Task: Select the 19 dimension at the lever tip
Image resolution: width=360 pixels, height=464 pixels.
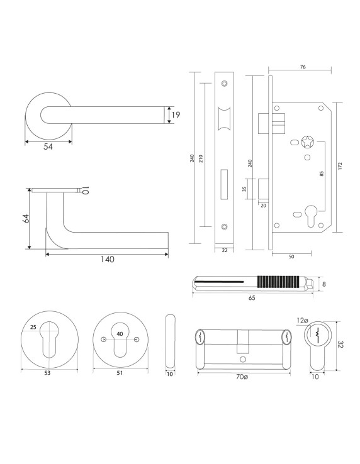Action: click(x=176, y=115)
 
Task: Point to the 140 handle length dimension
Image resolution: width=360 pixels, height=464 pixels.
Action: click(x=106, y=260)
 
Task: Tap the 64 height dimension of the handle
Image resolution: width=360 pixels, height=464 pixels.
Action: click(x=26, y=219)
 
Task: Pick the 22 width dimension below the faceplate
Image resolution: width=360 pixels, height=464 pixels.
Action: click(x=225, y=250)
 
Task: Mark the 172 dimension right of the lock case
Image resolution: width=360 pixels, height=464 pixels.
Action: click(x=340, y=166)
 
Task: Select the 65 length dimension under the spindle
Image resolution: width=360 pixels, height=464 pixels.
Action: click(x=251, y=299)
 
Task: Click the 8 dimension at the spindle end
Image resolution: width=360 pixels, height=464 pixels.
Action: click(x=324, y=284)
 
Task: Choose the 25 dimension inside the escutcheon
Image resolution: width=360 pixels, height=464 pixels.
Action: click(x=33, y=327)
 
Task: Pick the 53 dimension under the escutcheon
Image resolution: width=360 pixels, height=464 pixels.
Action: click(x=47, y=373)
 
